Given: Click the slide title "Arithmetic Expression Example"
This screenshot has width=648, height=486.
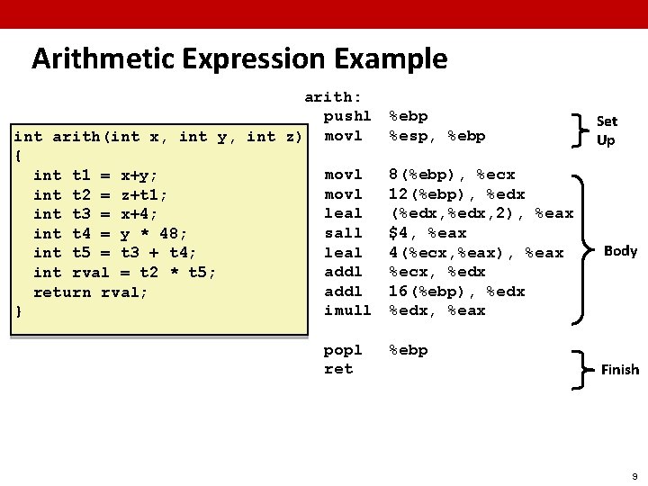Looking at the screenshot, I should [238, 59].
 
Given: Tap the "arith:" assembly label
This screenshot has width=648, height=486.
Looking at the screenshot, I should [333, 97].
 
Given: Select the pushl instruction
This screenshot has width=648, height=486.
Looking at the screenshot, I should [347, 116].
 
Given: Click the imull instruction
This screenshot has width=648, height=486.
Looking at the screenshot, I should [347, 310].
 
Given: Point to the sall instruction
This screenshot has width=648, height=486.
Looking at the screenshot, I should [343, 233].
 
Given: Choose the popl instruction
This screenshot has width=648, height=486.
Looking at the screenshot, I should [343, 350].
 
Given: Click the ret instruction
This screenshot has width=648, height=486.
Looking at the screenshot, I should [338, 369].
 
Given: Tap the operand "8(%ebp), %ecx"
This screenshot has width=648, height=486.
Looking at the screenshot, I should [451, 175].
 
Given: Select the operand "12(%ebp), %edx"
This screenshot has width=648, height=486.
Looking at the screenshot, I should [456, 194].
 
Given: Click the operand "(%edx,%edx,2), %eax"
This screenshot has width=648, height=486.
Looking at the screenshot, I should [481, 213].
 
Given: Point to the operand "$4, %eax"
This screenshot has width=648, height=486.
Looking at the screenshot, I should [427, 233].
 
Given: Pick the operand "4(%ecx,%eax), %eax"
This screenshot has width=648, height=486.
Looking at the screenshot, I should [475, 253].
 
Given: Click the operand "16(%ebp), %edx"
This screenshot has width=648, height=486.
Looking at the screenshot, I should [456, 292].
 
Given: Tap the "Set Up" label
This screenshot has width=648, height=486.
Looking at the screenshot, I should [607, 130].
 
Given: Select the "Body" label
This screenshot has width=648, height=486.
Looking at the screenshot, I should [620, 250].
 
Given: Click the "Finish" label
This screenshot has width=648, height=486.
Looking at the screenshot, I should [620, 369].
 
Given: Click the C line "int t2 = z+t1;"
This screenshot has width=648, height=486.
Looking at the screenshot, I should [100, 194].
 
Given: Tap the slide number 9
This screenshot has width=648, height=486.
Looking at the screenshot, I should [634, 473].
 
